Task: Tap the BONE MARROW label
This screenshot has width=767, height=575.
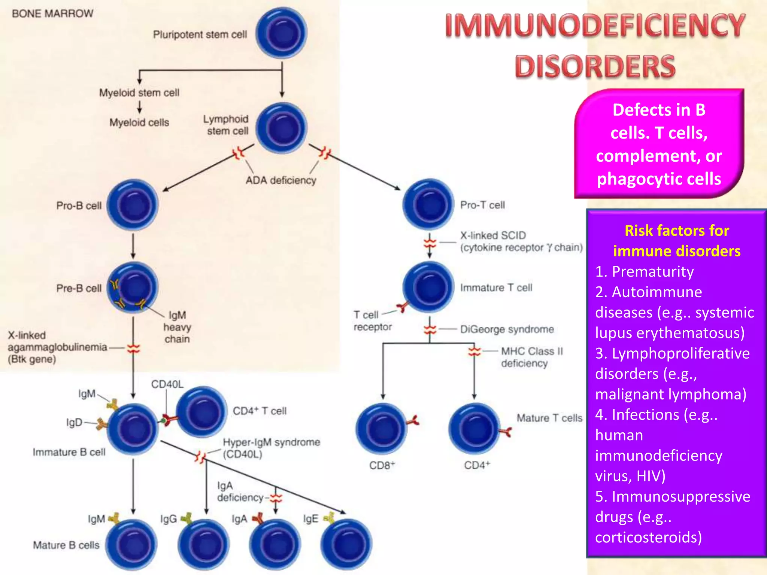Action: pos(52,13)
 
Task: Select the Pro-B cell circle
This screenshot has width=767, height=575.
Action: pos(133,205)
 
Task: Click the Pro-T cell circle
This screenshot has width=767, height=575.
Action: pos(428,204)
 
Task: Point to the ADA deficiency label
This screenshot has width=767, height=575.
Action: pos(281,180)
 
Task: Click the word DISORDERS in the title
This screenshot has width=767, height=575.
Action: pos(595,67)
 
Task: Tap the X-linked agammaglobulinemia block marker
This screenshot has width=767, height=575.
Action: pos(133,349)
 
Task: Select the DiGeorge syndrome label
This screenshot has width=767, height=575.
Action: pos(507,329)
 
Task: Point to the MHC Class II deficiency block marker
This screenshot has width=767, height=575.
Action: pos(474,351)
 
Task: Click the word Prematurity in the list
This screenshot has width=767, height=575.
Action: pos(652,271)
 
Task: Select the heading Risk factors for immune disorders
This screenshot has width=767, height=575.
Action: pos(676,241)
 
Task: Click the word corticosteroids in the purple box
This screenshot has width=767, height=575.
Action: pos(648,538)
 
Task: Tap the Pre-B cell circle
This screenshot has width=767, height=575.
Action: pos(133,287)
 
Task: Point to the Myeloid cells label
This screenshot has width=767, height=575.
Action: pos(139,122)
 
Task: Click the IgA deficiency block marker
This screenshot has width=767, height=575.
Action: pos(276,498)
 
